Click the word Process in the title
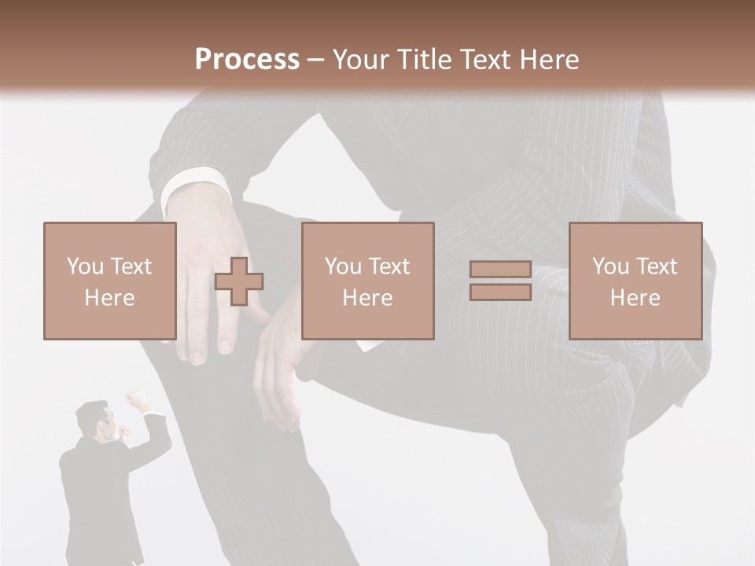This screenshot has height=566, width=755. [x=247, y=60]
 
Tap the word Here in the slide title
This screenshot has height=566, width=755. [x=548, y=60]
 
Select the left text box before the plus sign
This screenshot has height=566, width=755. [x=109, y=281]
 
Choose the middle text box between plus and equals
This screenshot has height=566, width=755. [x=367, y=281]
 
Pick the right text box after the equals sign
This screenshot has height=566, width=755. [x=635, y=281]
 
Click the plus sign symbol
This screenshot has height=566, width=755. [x=239, y=281]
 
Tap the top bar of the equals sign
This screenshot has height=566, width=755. [x=500, y=270]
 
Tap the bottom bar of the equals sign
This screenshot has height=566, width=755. [x=500, y=292]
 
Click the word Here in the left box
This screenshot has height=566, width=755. [x=109, y=297]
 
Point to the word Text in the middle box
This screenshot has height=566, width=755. [x=390, y=266]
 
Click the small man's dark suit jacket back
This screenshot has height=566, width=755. [x=94, y=487]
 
